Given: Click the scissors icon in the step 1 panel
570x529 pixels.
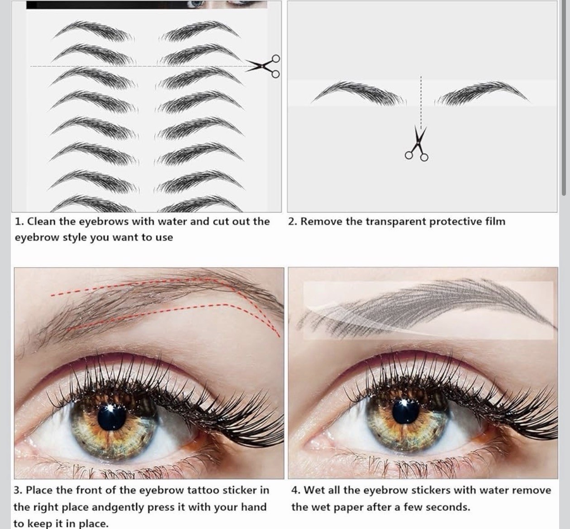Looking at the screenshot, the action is (263, 66).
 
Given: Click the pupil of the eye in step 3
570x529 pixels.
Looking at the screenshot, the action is (112, 416).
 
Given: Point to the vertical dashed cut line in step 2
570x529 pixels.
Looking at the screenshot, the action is (421, 102).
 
